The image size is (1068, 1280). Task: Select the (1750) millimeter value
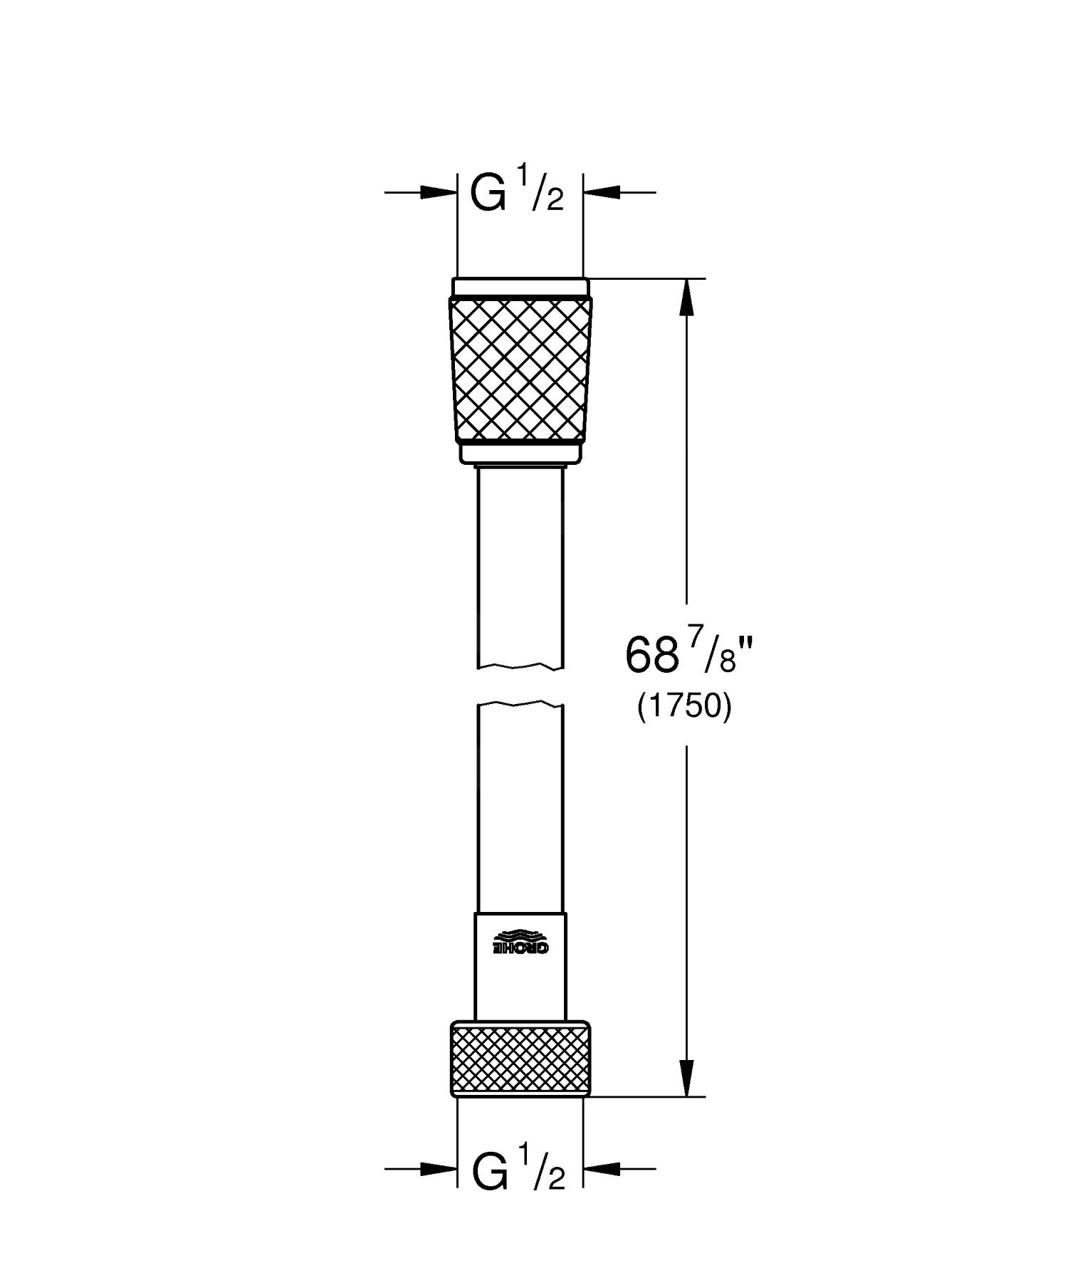684,708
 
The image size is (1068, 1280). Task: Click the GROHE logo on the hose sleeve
521,943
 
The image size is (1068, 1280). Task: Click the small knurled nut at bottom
520,1059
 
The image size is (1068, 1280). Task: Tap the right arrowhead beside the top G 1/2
602,192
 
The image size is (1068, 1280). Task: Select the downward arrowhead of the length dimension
686,1078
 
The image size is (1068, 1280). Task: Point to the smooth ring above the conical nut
520,286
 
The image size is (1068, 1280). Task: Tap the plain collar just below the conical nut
520,453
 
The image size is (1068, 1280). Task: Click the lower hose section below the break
520,804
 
